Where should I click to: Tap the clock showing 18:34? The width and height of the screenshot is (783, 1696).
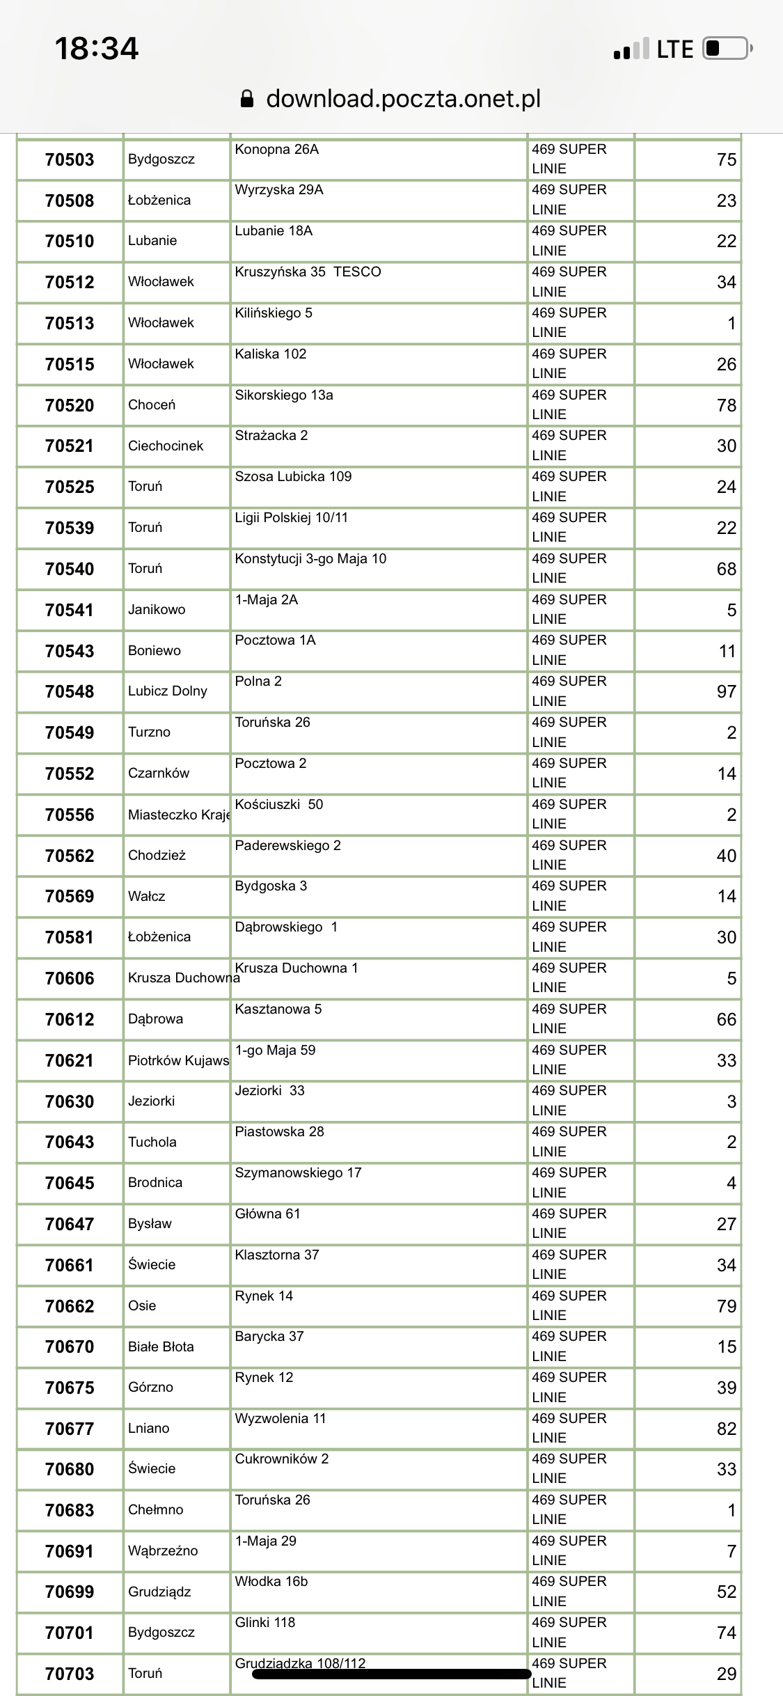[97, 49]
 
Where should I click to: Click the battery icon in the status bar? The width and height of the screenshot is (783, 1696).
[727, 49]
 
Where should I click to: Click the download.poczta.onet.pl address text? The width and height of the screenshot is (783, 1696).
[404, 99]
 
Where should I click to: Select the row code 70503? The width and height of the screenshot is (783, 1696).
[70, 159]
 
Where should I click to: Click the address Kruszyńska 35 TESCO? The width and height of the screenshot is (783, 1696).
[308, 272]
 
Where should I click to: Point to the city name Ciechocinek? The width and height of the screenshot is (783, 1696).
[166, 446]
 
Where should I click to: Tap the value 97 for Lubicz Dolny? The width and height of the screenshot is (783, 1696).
[726, 691]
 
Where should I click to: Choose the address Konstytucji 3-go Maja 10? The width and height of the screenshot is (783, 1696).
[310, 558]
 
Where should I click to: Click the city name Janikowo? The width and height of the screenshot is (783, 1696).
[157, 609]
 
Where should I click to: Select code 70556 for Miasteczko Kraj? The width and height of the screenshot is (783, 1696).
[70, 815]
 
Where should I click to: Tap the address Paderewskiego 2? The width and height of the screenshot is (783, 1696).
[287, 845]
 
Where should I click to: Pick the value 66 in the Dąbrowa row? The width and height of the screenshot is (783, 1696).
[726, 1019]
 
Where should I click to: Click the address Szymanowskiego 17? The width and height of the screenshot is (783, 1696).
[298, 1172]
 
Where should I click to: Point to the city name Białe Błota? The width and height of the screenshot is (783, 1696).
[161, 1346]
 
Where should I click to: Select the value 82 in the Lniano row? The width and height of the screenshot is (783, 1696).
[726, 1429]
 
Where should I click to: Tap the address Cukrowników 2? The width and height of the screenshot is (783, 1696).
[281, 1459]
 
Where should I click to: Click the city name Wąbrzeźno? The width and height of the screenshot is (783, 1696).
[163, 1550]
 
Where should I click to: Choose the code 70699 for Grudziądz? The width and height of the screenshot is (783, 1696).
[70, 1592]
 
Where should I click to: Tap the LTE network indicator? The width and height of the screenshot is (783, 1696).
[674, 49]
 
